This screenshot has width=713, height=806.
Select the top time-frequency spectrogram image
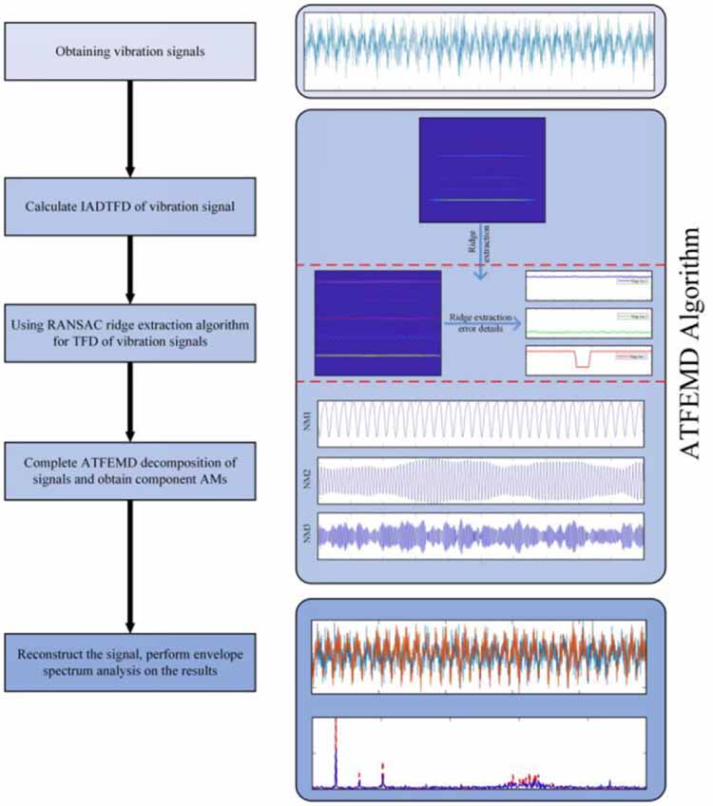tap(482, 171)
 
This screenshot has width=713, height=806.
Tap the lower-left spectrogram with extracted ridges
tap(377, 323)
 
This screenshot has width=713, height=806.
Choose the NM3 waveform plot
tap(481, 538)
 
